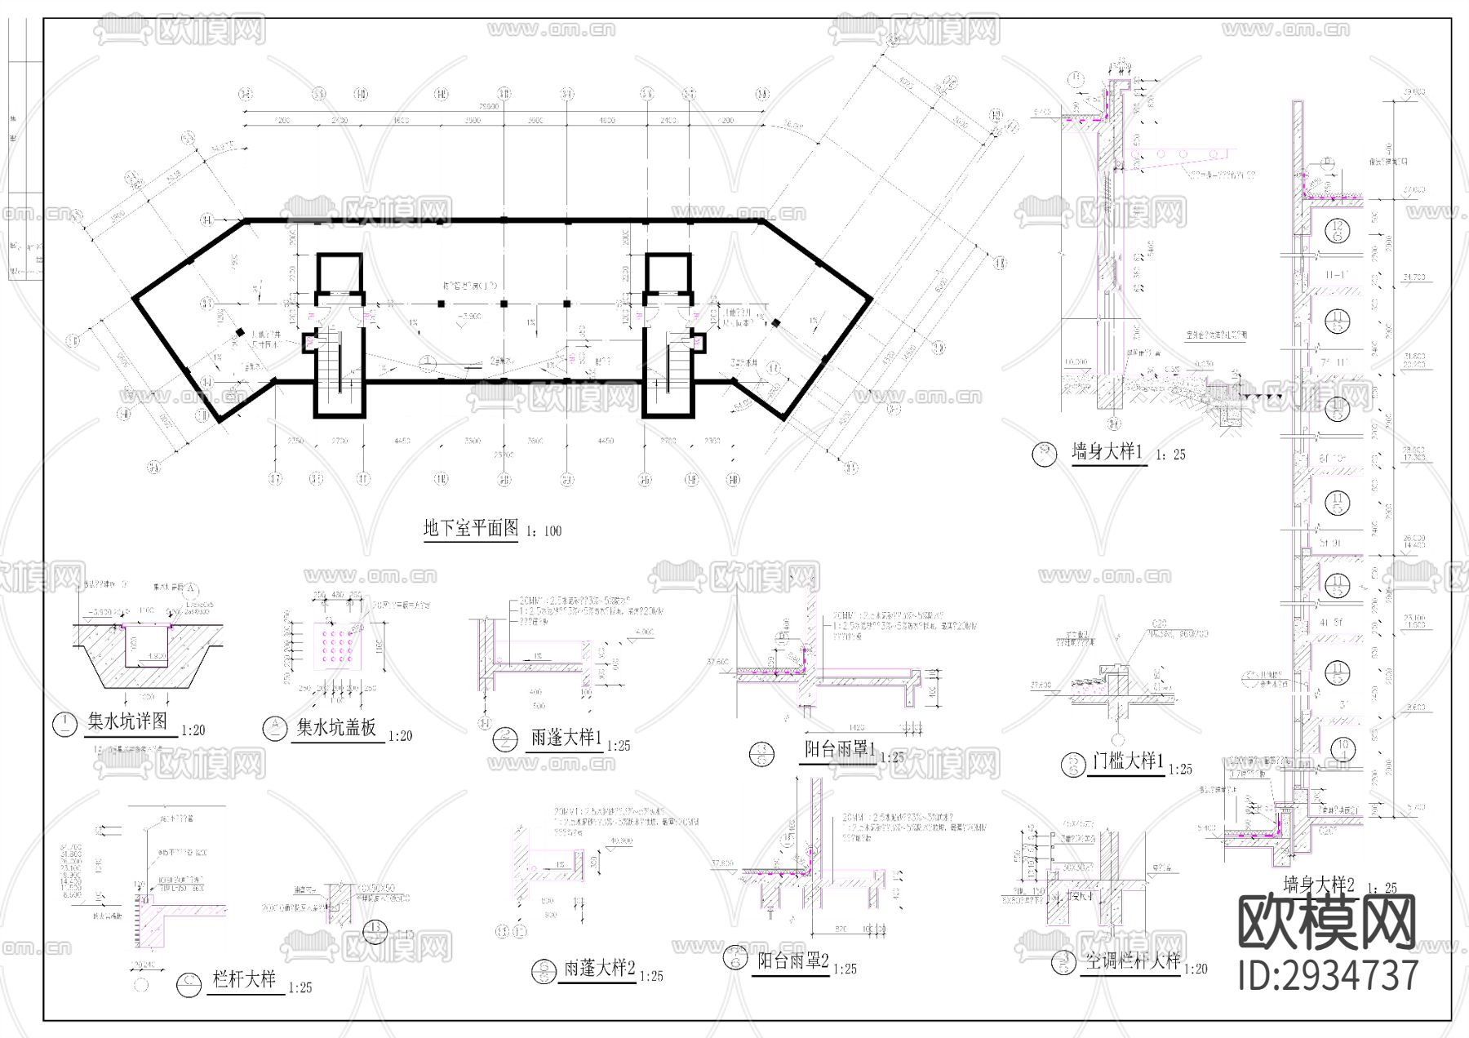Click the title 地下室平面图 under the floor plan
pos(471,528)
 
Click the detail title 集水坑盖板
pos(336,727)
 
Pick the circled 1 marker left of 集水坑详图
pos(64,725)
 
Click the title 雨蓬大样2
pos(600,969)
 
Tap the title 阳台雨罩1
pos(839,748)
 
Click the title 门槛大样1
pos(1127,761)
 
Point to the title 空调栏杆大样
pos(1133,961)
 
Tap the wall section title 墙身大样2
pos(1318,884)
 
